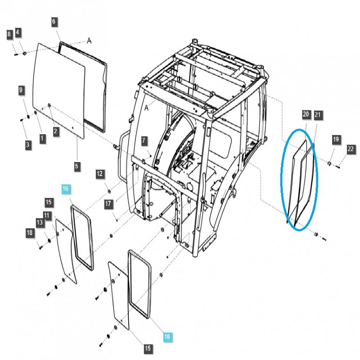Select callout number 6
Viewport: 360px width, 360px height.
pyautogui.click(x=54, y=22)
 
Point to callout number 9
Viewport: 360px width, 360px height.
pyautogui.click(x=21, y=90)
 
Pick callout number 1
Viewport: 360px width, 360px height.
pyautogui.click(x=42, y=138)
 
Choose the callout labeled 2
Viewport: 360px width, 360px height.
pyautogui.click(x=55, y=131)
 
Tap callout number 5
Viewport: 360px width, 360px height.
pyautogui.click(x=77, y=166)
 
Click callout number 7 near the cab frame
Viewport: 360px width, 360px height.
pyautogui.click(x=144, y=141)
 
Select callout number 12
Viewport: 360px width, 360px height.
pyautogui.click(x=100, y=174)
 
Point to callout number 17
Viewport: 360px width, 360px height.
pyautogui.click(x=108, y=204)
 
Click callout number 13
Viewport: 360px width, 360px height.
pyautogui.click(x=40, y=222)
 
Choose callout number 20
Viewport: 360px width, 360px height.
pyautogui.click(x=306, y=115)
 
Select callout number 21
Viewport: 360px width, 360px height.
pyautogui.click(x=318, y=116)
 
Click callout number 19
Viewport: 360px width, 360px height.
pyautogui.click(x=336, y=139)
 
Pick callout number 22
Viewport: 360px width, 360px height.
pyautogui.click(x=351, y=149)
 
